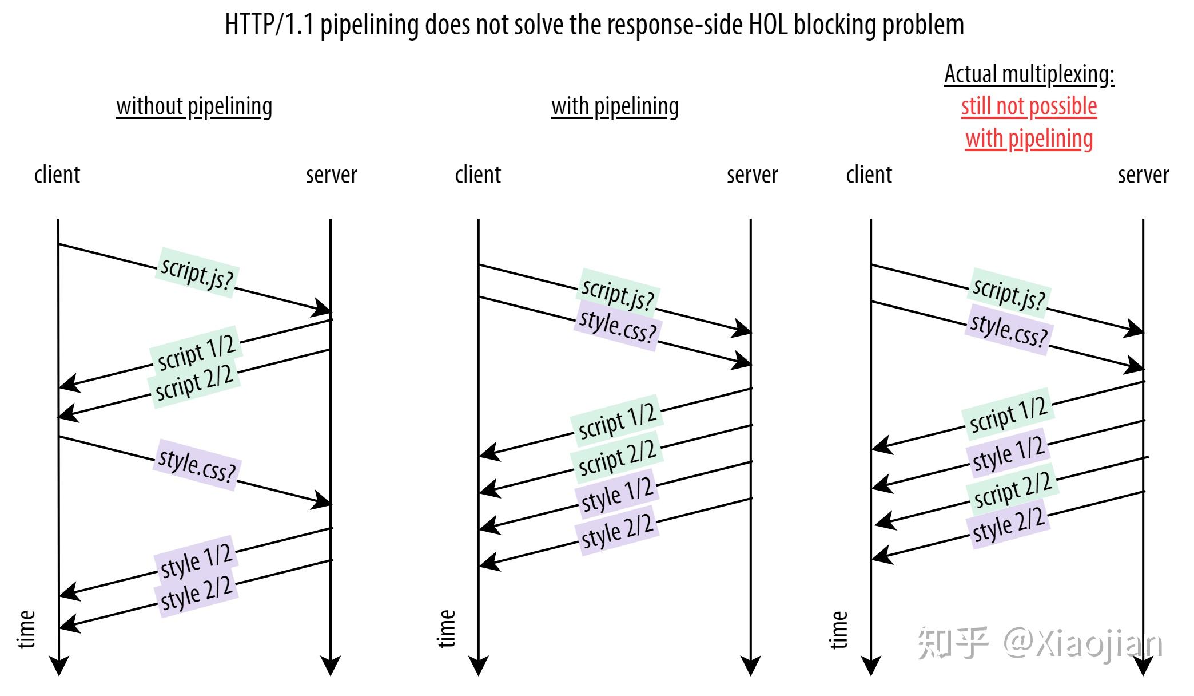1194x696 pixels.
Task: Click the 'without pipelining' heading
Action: click(x=194, y=106)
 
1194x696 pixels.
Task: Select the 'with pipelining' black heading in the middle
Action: click(x=615, y=106)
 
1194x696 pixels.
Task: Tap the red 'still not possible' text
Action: click(x=1029, y=106)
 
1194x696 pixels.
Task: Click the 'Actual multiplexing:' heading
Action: click(x=1029, y=74)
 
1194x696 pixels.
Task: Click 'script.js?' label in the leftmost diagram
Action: click(x=197, y=273)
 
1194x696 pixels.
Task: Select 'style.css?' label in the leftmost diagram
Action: click(x=197, y=465)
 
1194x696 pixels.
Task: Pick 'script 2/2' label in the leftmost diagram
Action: click(x=194, y=382)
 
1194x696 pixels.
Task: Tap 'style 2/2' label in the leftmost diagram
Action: click(x=196, y=593)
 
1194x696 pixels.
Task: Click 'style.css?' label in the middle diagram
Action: click(x=618, y=326)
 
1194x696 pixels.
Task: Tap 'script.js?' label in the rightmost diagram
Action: click(x=1009, y=293)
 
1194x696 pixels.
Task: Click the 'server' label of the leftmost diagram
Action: click(x=331, y=175)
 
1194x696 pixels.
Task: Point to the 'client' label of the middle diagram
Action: click(x=477, y=175)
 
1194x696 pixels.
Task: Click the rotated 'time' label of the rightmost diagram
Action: click(x=838, y=630)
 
